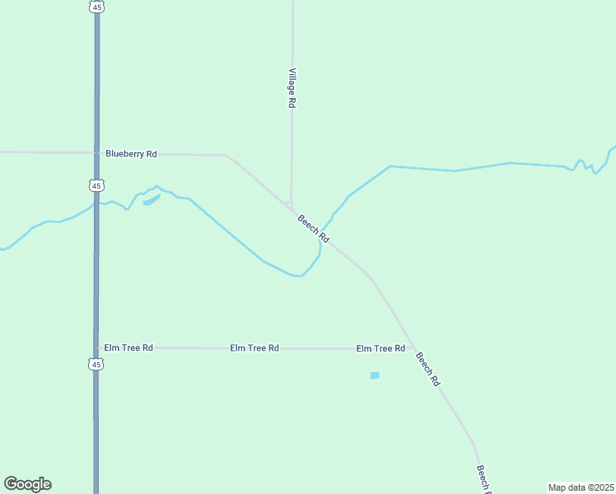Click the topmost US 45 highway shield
97,7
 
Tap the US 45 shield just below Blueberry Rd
97,185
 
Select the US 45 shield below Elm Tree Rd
96,364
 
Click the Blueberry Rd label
131,154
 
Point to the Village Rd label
292,88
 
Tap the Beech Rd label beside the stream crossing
314,228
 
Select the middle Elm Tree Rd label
254,348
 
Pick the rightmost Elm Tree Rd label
380,348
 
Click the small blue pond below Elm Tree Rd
375,375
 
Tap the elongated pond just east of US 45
151,199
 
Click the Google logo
27,484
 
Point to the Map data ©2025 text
581,487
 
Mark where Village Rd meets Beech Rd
290,206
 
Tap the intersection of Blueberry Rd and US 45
97,153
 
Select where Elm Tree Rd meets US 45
96,347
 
